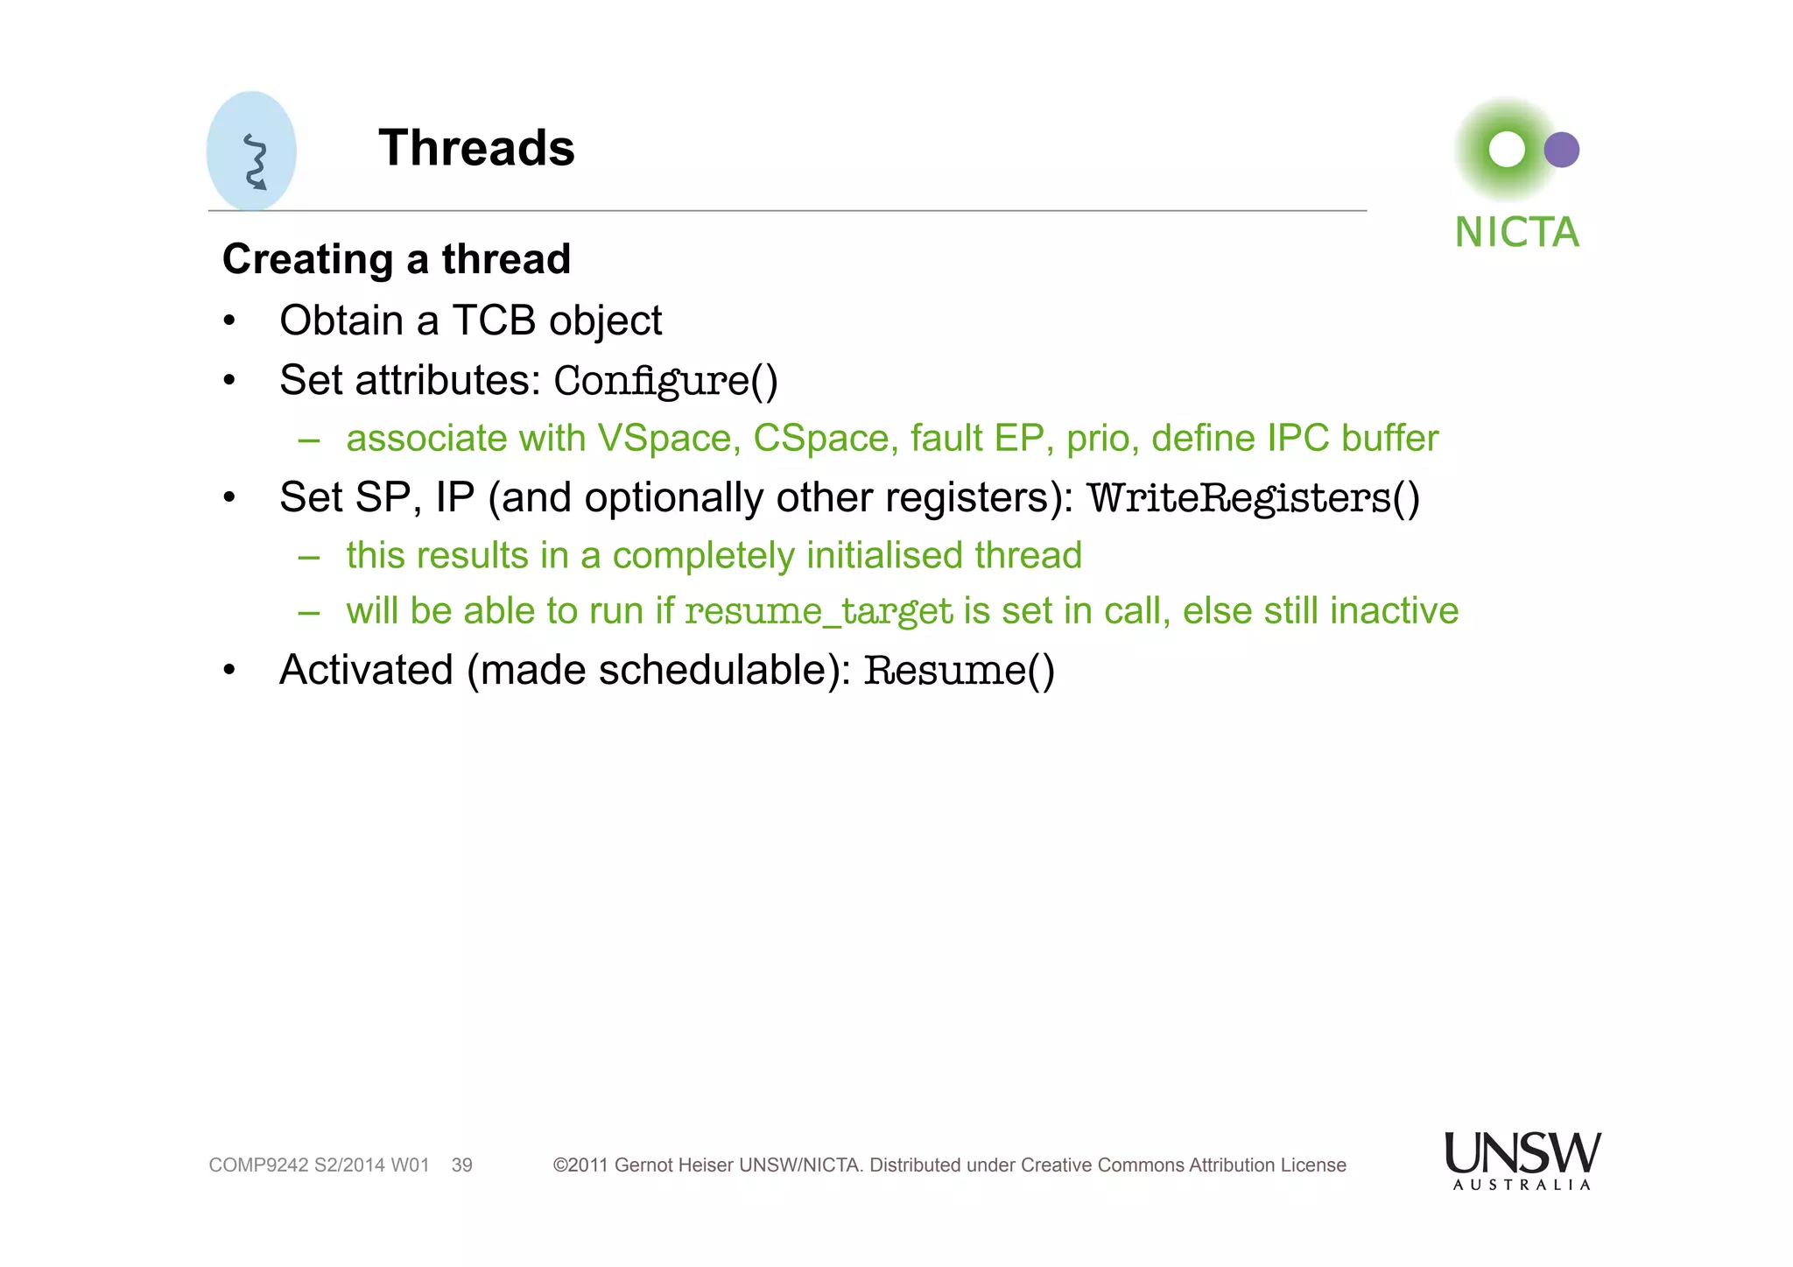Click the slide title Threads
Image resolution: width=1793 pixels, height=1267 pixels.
[476, 147]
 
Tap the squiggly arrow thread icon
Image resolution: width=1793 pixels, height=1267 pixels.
[255, 162]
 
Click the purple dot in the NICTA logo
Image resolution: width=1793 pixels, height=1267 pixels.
[1561, 150]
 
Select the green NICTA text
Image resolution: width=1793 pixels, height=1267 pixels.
[1516, 233]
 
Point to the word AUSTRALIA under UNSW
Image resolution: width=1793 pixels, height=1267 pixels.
[1522, 1185]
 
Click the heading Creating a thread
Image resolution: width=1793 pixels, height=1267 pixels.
[396, 259]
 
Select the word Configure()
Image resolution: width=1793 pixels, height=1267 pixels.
[665, 381]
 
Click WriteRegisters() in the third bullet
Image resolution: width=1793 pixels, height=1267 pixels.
[1253, 498]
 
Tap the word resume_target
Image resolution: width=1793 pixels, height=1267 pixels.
[818, 611]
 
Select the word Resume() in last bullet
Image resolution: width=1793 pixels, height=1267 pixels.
[959, 671]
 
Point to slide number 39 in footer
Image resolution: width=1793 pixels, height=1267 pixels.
[461, 1165]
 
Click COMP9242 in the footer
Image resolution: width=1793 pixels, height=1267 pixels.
[258, 1165]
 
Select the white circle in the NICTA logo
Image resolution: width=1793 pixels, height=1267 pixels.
[1507, 150]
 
